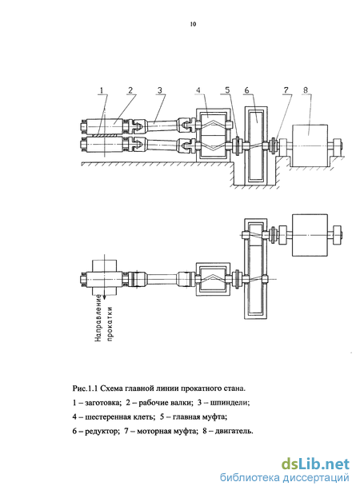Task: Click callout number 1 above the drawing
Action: (102, 90)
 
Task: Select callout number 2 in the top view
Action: (130, 90)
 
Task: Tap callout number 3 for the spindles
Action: (160, 90)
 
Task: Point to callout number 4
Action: (198, 90)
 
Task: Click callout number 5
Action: (228, 90)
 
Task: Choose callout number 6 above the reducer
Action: (246, 90)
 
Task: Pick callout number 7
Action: (286, 90)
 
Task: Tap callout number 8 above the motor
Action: (305, 90)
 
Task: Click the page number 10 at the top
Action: (193, 24)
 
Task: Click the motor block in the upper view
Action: (310, 145)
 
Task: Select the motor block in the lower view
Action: (310, 235)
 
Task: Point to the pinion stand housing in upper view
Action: (214, 135)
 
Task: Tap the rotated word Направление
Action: (98, 318)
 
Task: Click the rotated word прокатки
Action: (110, 323)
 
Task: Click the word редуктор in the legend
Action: (101, 431)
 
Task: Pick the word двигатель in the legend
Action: (234, 431)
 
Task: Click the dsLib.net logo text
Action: (315, 464)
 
